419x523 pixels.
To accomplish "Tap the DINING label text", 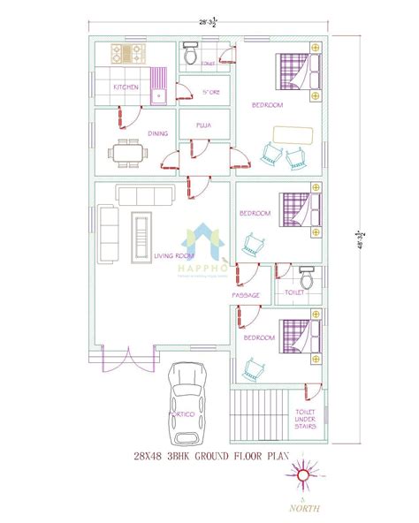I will pyautogui.click(x=133, y=133).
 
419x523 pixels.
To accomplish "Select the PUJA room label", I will pyautogui.click(x=203, y=125).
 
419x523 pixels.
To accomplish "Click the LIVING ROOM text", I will pyautogui.click(x=173, y=256).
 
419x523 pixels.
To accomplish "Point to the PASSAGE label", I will pyautogui.click(x=245, y=294).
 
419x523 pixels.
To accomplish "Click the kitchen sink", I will pyautogui.click(x=161, y=93).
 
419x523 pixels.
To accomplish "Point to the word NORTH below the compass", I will pyautogui.click(x=303, y=508).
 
